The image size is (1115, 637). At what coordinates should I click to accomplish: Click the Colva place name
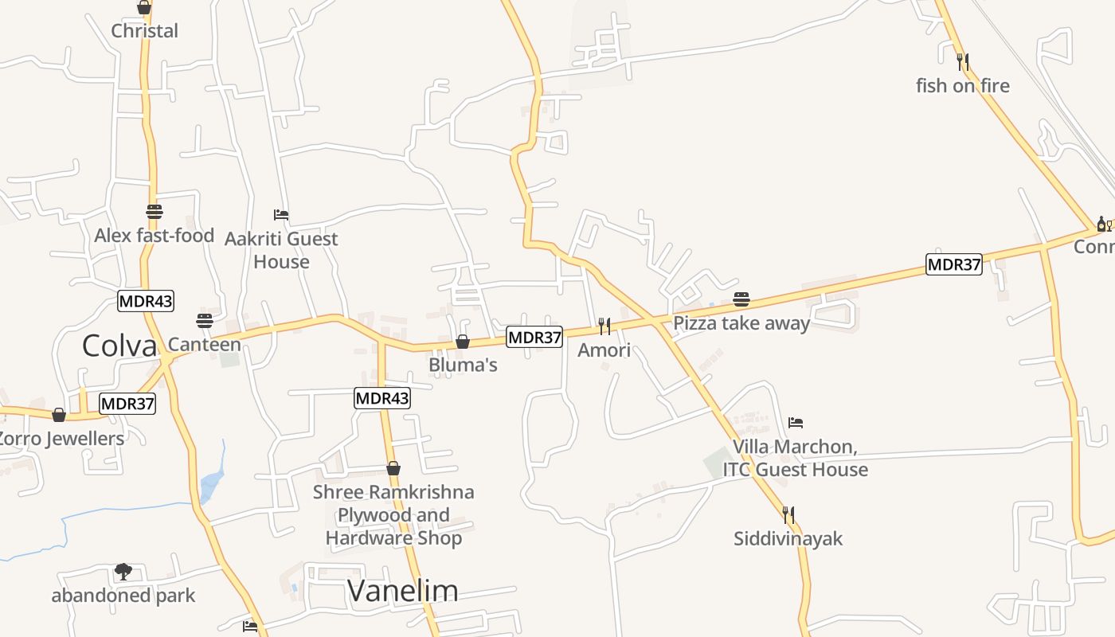coord(119,346)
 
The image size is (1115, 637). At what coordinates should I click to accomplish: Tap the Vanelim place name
coord(403,590)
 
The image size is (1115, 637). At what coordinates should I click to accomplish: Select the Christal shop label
coord(144,31)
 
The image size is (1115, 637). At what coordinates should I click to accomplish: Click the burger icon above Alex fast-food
coord(155,212)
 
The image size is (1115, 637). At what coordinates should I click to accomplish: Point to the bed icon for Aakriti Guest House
coord(280,215)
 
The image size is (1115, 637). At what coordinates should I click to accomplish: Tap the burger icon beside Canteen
coord(205,321)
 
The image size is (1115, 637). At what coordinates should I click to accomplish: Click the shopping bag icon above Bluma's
coord(463,342)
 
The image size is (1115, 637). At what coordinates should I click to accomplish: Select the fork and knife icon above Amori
coord(604,326)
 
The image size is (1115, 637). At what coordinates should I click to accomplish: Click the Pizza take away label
coord(741,323)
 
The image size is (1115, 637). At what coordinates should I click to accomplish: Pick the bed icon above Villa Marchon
coord(796,423)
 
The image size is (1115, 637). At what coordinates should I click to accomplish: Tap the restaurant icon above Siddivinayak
coord(788,514)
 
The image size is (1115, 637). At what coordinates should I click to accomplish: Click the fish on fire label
coord(963,86)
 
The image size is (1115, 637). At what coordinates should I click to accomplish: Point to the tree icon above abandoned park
coord(123,571)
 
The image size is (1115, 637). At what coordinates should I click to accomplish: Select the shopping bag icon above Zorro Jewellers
coord(59,415)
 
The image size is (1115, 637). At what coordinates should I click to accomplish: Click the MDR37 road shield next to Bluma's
coord(535,338)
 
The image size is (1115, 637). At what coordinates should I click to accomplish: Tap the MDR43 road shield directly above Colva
coord(146,301)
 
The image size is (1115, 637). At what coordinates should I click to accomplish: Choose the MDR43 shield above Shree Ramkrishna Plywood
coord(382,398)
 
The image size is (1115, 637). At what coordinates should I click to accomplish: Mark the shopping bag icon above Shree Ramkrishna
coord(393,468)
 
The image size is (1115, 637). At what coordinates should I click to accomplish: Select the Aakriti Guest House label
coord(281,250)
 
